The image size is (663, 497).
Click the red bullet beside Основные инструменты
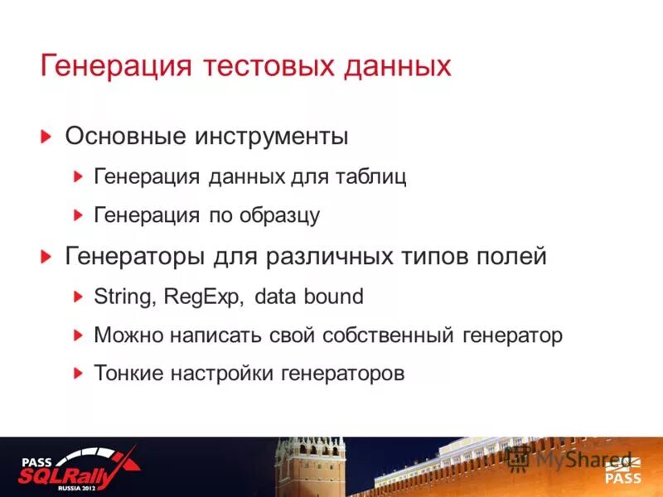[48, 136]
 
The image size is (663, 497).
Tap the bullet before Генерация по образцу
[78, 215]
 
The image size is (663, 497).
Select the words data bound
[309, 297]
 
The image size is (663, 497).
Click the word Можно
[125, 335]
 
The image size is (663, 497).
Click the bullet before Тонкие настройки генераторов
[78, 374]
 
